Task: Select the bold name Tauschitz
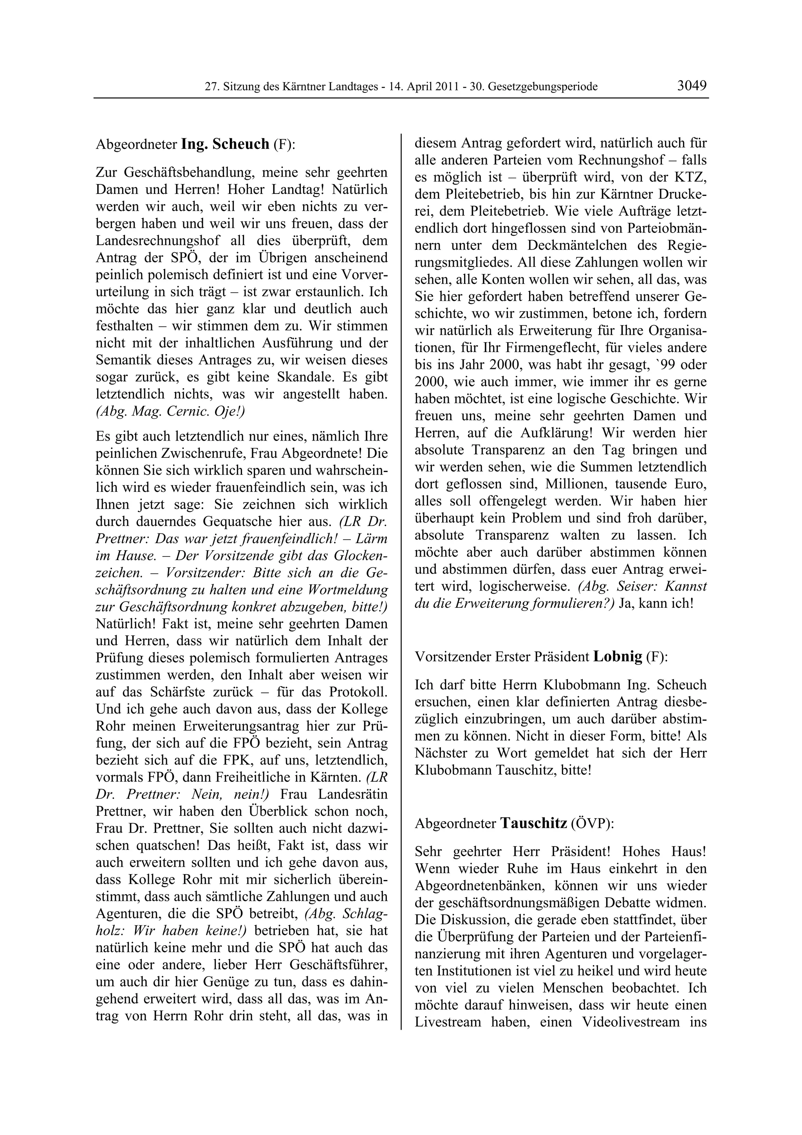click(533, 823)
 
